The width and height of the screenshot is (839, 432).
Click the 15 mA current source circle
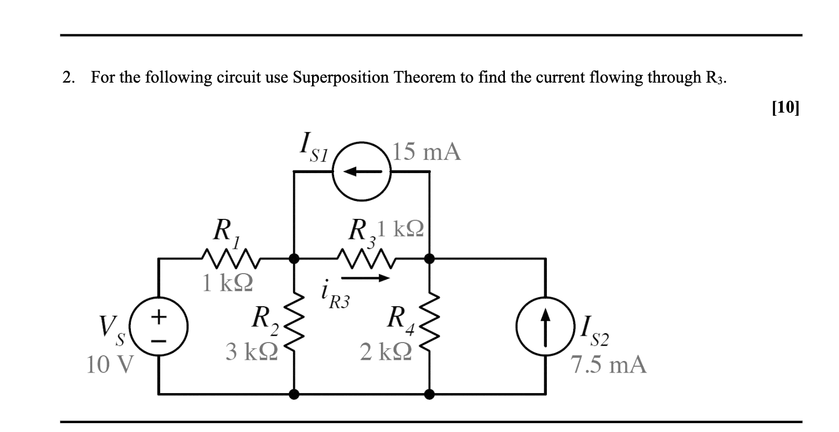[362, 172]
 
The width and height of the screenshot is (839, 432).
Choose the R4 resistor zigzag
[430, 326]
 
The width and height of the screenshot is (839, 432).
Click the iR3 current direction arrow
[365, 278]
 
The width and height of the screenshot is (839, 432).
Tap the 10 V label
[110, 364]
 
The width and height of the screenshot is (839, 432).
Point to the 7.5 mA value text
[608, 364]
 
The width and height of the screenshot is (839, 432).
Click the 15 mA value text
[427, 152]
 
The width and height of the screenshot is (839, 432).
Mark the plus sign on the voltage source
[159, 317]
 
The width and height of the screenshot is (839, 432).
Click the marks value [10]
[785, 107]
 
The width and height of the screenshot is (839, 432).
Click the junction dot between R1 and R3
[294, 258]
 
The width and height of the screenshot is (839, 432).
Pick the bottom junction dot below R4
[430, 394]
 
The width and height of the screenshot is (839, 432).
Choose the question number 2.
[67, 77]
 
